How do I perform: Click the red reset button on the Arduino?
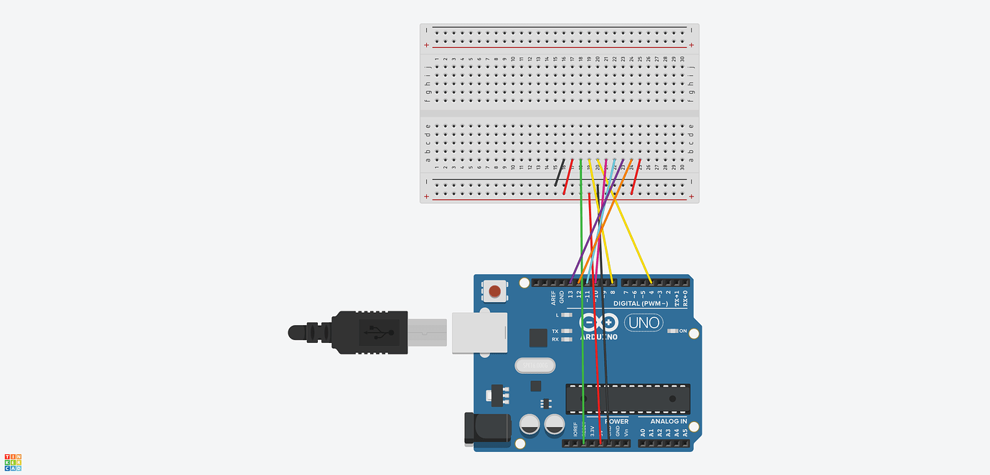point(494,291)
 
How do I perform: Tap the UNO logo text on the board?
point(643,323)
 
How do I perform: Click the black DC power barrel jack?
point(486,428)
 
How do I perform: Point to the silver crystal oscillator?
point(535,366)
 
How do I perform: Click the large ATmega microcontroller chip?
point(628,399)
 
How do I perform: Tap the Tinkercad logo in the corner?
point(13,463)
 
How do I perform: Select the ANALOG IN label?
point(668,421)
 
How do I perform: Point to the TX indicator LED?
point(567,331)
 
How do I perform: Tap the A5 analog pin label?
point(685,433)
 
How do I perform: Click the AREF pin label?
point(553,297)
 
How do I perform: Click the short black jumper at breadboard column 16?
point(560,173)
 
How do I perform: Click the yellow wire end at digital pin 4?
point(650,282)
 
